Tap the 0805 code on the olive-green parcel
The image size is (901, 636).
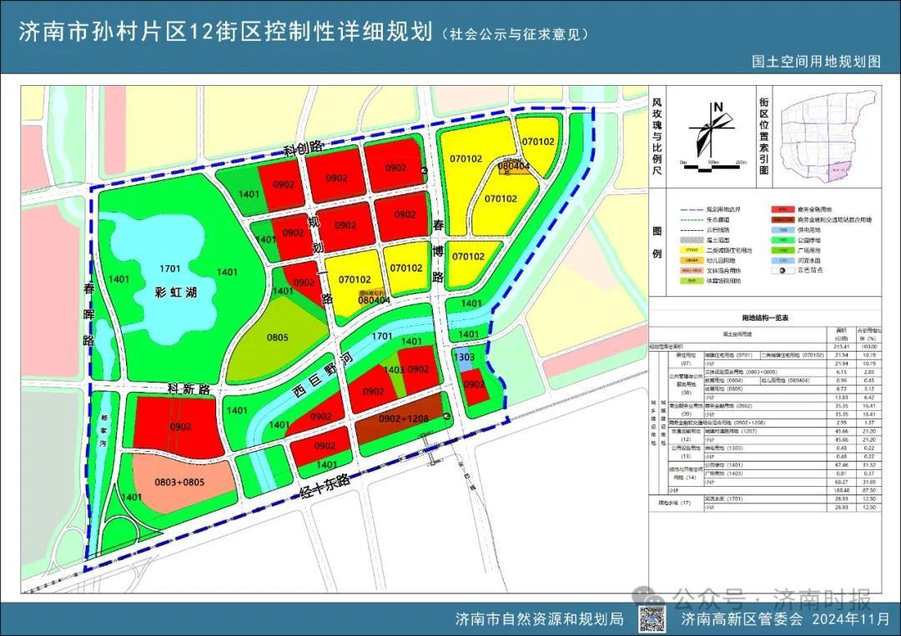tap(278, 338)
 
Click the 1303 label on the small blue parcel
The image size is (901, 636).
tap(464, 356)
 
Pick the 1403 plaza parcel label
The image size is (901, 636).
tap(395, 369)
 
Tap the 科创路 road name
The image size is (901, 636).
tap(303, 148)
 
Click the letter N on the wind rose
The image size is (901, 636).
tap(717, 107)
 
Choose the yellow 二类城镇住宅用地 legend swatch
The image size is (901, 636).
tap(691, 249)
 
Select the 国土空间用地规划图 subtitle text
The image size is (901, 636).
tap(815, 61)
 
